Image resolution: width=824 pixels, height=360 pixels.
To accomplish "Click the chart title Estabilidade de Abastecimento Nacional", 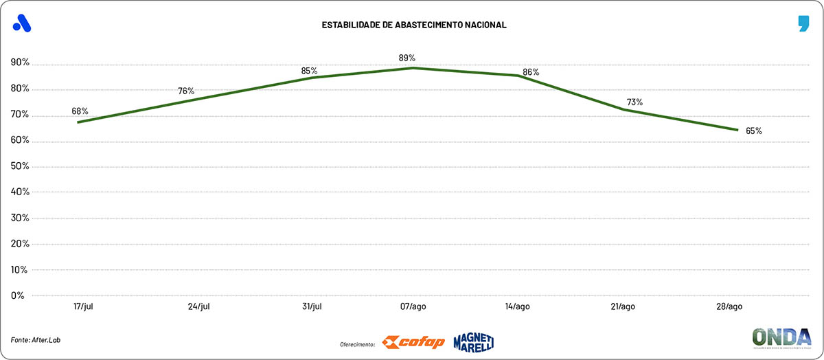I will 414,25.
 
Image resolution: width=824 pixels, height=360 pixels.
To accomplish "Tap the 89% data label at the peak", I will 407,58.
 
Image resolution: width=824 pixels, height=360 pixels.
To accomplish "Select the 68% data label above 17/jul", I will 80,111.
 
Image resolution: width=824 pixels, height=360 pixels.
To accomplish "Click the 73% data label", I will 634,102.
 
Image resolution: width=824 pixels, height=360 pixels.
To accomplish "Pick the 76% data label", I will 186,91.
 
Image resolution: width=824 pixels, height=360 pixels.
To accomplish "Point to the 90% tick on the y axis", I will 20,63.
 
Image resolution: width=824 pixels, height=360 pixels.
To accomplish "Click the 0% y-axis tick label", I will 18,295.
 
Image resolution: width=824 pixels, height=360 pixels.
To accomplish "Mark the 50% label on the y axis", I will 20,166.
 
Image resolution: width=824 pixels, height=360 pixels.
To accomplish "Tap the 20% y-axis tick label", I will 20,244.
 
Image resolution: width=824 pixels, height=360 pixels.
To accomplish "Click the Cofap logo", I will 413,342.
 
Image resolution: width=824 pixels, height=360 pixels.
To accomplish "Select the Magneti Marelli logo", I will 473,342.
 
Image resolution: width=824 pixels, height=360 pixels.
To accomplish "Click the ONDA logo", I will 781,339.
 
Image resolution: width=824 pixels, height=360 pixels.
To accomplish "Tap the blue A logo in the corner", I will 22,23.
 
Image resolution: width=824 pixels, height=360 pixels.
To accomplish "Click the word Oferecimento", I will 357,344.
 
